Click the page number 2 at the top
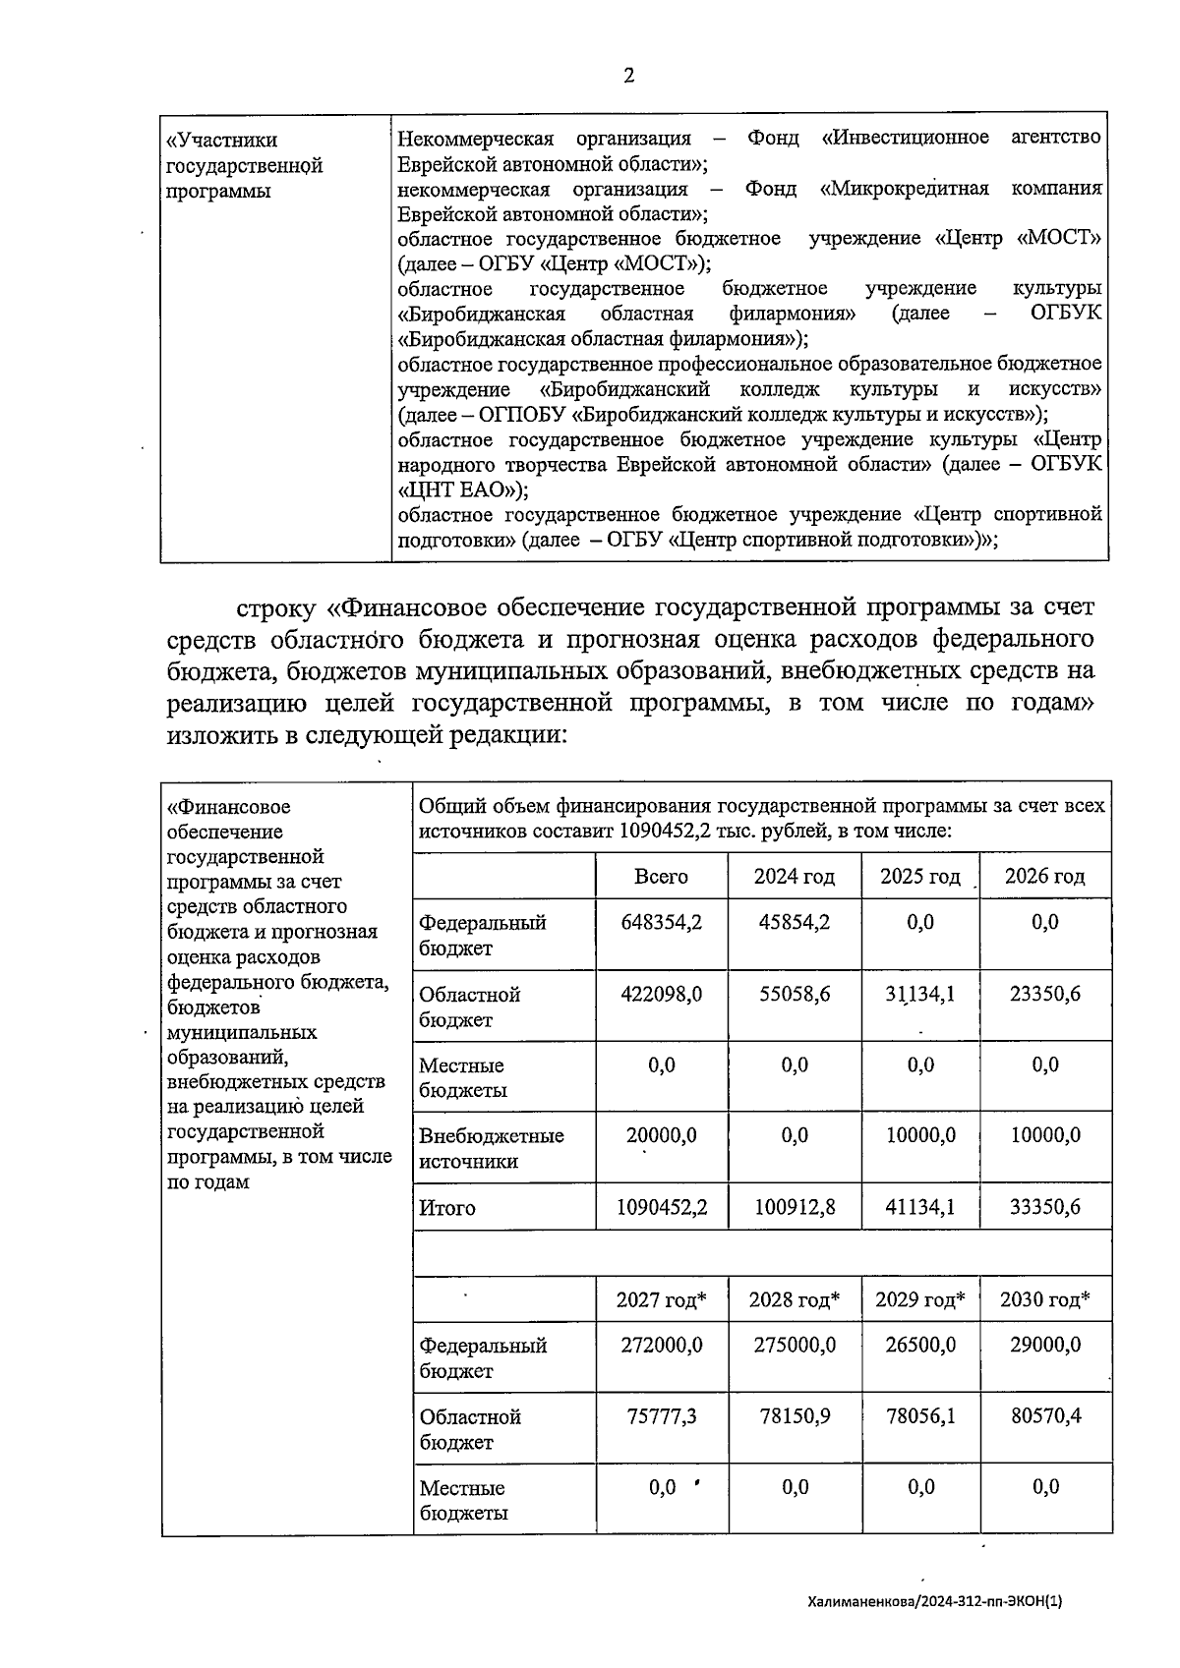pos(628,76)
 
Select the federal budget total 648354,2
pos(661,922)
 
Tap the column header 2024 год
pos(794,876)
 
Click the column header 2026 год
pos(1044,876)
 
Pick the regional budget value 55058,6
pos(794,994)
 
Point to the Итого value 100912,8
pos(794,1206)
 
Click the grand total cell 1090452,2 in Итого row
pos(661,1206)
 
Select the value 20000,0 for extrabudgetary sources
pos(661,1135)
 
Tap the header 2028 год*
pos(794,1299)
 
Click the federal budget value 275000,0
pos(794,1345)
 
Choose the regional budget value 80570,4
pos(1044,1416)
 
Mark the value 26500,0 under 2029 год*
pos(920,1345)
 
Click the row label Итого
pos(447,1208)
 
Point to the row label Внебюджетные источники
pos(491,1148)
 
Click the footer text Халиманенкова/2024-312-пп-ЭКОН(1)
pos(934,1601)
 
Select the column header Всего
pos(661,876)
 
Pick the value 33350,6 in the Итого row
pos(1044,1206)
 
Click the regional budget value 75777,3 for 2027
pos(661,1416)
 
